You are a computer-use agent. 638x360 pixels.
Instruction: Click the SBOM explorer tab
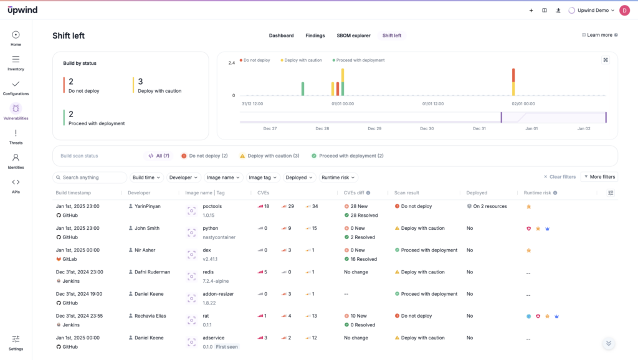353,36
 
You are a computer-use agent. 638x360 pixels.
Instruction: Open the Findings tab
315,36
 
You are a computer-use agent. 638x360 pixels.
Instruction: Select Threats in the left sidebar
16,136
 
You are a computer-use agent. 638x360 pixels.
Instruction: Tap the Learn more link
599,35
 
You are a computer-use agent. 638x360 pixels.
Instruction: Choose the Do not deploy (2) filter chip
204,156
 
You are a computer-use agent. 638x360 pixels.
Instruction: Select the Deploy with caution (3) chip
269,156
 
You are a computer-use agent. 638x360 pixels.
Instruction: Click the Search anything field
90,178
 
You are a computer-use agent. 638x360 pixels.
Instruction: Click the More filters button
599,177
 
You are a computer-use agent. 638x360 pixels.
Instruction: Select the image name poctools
212,206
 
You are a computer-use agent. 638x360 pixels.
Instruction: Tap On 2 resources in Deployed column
489,206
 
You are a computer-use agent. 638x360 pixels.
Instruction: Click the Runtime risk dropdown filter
338,178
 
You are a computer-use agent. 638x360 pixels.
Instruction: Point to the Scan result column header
406,193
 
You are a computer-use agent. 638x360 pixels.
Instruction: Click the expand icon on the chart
606,60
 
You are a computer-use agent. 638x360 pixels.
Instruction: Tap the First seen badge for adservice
227,347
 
